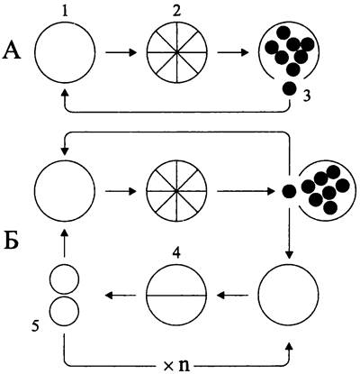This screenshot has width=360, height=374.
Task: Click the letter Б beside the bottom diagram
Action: click(x=12, y=240)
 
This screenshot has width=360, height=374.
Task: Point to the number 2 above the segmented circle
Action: click(x=177, y=11)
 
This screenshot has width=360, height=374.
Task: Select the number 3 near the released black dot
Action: click(x=306, y=96)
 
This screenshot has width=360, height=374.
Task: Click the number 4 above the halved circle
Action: click(x=176, y=254)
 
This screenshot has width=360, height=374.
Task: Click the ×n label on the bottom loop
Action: click(x=176, y=366)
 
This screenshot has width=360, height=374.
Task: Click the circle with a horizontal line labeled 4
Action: click(x=176, y=296)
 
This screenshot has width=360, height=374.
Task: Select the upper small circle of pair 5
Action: click(x=64, y=279)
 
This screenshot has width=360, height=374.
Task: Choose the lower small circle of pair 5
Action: click(x=64, y=311)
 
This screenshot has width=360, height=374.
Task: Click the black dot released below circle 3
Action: click(x=290, y=88)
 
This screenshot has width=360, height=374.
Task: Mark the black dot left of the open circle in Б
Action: click(x=289, y=190)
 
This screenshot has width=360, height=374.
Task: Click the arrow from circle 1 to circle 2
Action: click(x=121, y=53)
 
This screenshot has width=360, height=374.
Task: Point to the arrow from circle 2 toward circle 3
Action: click(x=233, y=53)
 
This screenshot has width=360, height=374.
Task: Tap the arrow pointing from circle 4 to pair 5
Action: click(x=121, y=296)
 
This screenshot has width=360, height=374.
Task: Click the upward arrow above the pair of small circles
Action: click(x=64, y=243)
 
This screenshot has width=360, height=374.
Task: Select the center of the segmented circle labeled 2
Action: click(x=177, y=52)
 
